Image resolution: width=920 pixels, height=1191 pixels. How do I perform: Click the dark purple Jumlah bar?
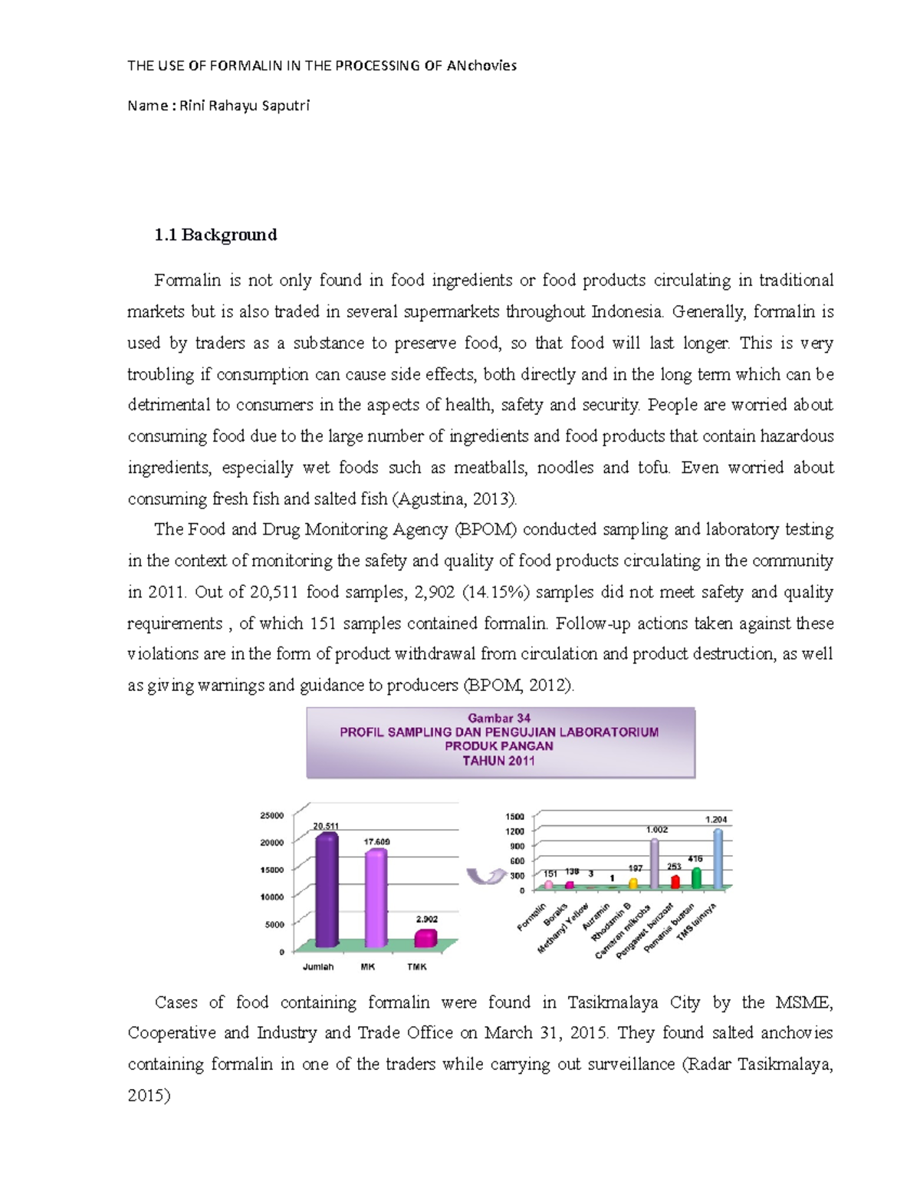point(327,890)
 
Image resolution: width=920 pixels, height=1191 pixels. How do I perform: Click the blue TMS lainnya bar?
point(718,859)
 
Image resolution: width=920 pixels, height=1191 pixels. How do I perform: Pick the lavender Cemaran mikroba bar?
point(654,864)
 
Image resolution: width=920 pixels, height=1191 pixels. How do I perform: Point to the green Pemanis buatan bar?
point(696,878)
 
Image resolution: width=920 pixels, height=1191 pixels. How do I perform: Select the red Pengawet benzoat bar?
point(675,882)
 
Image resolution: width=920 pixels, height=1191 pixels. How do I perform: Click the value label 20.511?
point(326,826)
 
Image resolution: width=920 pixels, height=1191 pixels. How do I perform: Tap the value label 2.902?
point(427,919)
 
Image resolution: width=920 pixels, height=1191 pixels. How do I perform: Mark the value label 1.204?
point(716,819)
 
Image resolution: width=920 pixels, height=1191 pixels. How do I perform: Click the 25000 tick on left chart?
point(271,815)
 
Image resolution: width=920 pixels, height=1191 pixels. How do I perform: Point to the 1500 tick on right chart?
point(514,817)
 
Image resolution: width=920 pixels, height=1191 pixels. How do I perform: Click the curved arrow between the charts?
point(485,876)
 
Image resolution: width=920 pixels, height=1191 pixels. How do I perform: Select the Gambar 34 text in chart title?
point(499,719)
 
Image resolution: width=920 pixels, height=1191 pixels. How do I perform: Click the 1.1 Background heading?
point(215,235)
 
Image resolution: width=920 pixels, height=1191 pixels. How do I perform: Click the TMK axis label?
point(417,967)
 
